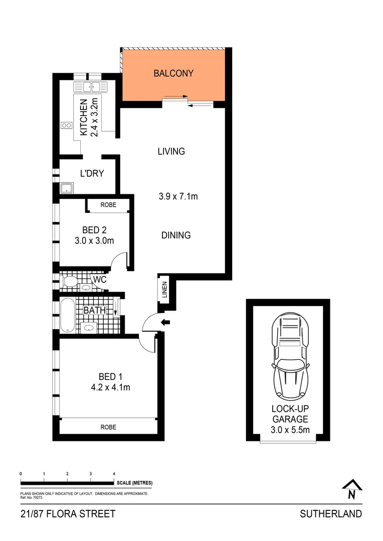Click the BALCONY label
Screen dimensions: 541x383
(173, 73)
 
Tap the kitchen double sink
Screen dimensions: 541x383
(91, 87)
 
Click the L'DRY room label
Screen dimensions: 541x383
(92, 174)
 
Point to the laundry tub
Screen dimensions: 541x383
(67, 188)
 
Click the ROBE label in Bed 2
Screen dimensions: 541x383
(108, 205)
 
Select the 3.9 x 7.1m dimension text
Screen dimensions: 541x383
(177, 196)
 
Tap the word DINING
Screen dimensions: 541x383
(176, 235)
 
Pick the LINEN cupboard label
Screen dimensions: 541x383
(165, 290)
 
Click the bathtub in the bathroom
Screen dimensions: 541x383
(67, 315)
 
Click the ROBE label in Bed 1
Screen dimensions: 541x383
(108, 427)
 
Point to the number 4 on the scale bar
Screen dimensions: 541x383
(114, 473)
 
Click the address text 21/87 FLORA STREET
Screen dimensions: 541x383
(68, 514)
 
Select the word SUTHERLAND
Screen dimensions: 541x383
(330, 514)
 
